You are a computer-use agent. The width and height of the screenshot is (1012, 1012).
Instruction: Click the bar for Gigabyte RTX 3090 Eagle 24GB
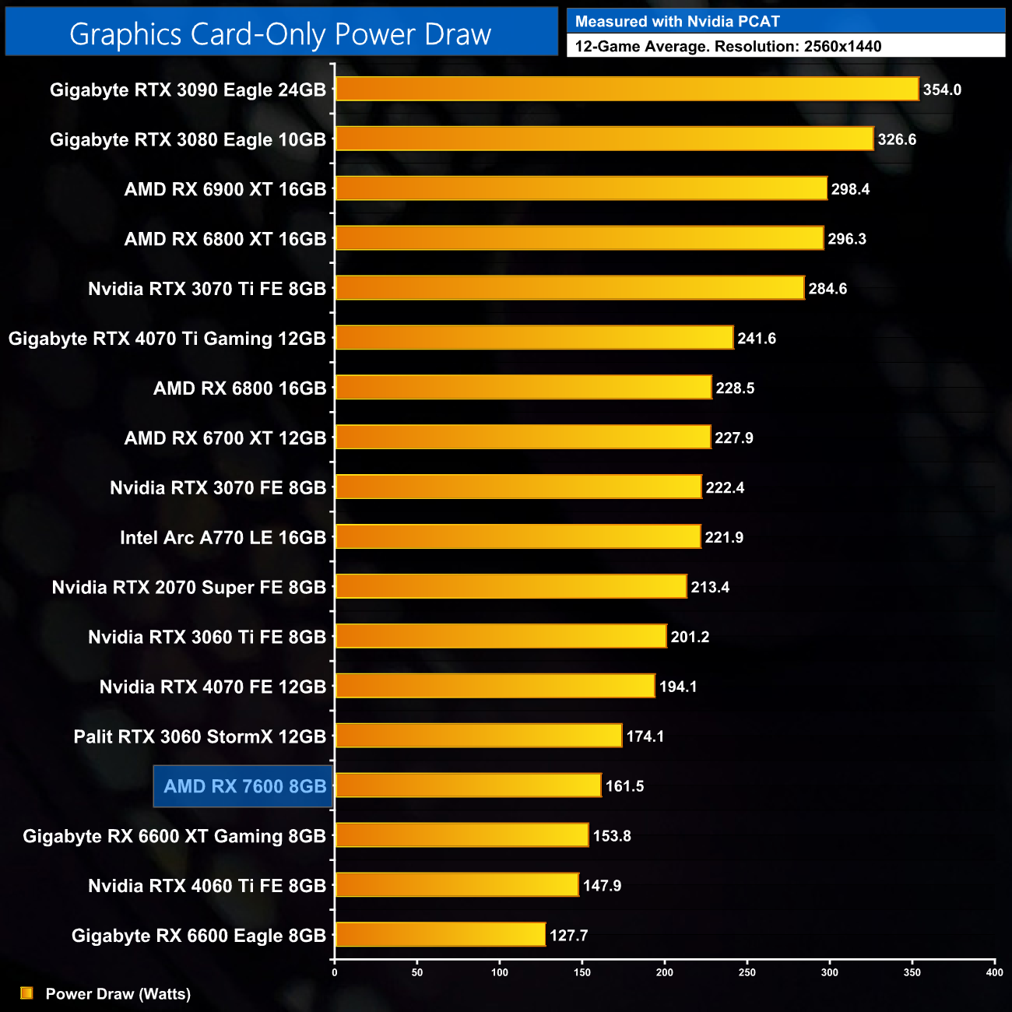pyautogui.click(x=627, y=89)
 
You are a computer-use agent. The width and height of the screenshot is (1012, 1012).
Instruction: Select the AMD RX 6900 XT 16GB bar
pyautogui.click(x=581, y=188)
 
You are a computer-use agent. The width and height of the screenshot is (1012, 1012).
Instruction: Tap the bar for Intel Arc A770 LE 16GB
pyautogui.click(x=518, y=537)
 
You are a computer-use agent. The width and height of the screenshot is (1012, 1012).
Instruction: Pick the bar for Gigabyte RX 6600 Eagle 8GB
pyautogui.click(x=440, y=935)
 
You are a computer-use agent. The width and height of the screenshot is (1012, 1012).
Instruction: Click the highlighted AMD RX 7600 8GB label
pyautogui.click(x=244, y=786)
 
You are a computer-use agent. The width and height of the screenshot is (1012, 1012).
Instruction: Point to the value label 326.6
pyautogui.click(x=897, y=139)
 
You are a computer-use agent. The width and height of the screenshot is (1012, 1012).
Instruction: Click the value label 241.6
pyautogui.click(x=757, y=339)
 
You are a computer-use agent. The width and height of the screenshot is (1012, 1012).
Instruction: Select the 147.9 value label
pyautogui.click(x=602, y=886)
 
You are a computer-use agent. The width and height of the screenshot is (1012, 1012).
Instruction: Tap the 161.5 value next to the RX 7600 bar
pyautogui.click(x=624, y=786)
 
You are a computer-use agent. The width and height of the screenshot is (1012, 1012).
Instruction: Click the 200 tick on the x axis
pyautogui.click(x=665, y=972)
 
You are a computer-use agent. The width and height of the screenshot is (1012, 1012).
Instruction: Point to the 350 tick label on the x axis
pyautogui.click(x=912, y=972)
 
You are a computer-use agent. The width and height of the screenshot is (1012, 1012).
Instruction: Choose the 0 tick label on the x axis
pyautogui.click(x=335, y=972)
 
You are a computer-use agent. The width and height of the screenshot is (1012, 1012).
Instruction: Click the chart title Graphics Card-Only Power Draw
pyautogui.click(x=280, y=34)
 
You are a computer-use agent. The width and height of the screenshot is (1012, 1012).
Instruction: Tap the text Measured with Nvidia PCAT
pyautogui.click(x=677, y=22)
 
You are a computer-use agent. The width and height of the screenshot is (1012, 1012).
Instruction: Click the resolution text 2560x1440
pyautogui.click(x=842, y=47)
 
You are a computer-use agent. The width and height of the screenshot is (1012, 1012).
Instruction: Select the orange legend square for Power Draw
pyautogui.click(x=26, y=993)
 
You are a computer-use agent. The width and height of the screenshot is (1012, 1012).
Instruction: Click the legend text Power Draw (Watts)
pyautogui.click(x=118, y=994)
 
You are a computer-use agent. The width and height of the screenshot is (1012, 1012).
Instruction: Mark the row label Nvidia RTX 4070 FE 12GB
pyautogui.click(x=213, y=687)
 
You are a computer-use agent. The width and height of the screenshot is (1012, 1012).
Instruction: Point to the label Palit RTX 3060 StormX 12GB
pyautogui.click(x=199, y=736)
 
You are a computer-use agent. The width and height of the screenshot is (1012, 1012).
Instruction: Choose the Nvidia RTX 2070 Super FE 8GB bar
pyautogui.click(x=511, y=587)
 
